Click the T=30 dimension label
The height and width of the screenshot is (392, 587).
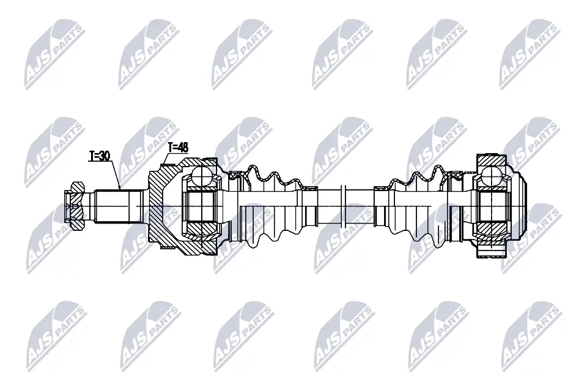(x=99, y=156)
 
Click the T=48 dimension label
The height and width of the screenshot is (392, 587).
(x=178, y=147)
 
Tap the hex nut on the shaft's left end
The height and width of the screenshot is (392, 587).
(x=74, y=206)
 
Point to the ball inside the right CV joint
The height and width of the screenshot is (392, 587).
(x=491, y=176)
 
